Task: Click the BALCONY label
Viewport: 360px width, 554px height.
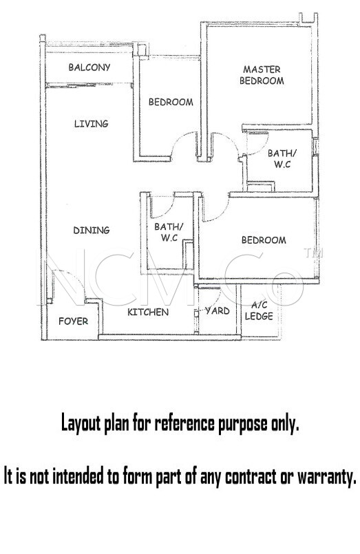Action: click(x=89, y=67)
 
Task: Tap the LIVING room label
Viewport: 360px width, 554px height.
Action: click(x=91, y=124)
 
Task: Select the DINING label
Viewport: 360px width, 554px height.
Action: click(x=92, y=231)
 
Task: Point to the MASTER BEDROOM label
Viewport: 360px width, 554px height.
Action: click(x=262, y=75)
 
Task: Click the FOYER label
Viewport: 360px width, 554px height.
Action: click(x=74, y=321)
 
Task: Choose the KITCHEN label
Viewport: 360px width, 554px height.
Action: click(x=148, y=312)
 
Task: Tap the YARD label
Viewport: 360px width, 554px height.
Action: click(x=218, y=311)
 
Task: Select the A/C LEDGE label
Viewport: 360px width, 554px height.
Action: click(x=259, y=311)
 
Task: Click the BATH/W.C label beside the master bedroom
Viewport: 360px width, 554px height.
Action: click(x=282, y=159)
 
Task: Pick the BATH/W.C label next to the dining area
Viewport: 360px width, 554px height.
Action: click(x=169, y=232)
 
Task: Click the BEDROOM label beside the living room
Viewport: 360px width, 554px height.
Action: click(x=171, y=102)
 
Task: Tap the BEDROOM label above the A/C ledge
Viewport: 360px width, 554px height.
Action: click(x=264, y=240)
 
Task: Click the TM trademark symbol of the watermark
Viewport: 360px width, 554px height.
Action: click(x=313, y=253)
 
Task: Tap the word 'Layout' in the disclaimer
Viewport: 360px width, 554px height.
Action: click(x=81, y=423)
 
